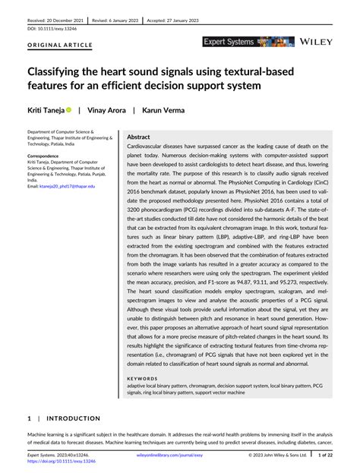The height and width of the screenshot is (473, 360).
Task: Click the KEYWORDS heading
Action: coord(142,378)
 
